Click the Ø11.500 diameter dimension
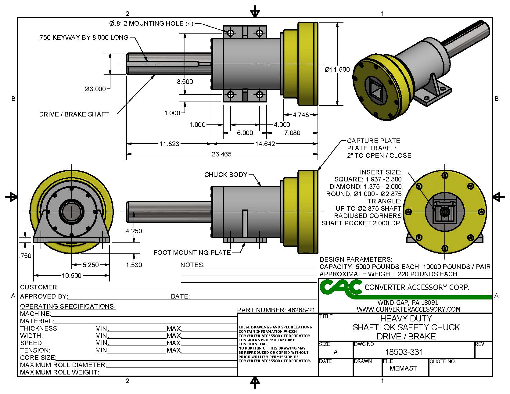(337, 70)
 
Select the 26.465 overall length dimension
(221, 154)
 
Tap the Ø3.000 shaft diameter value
(95, 89)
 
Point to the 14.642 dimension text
(265, 144)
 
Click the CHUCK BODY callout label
(225, 175)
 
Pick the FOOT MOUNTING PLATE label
(192, 253)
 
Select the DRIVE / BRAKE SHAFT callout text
(74, 114)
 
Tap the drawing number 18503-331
(404, 352)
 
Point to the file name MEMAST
(403, 368)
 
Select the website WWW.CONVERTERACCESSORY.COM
(408, 309)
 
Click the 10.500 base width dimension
(71, 276)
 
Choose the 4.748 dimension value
(301, 115)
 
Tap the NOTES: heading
(192, 265)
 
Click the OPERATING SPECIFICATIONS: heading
(68, 306)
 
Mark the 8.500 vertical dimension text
(185, 82)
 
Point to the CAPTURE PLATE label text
(373, 141)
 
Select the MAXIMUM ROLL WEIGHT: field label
(59, 372)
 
